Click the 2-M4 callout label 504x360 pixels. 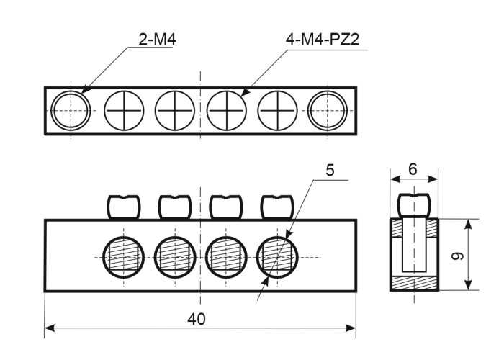click(x=156, y=40)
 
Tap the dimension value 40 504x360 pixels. click(x=199, y=318)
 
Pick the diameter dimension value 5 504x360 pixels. click(x=330, y=170)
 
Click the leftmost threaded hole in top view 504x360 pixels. click(x=71, y=111)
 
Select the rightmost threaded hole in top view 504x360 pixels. click(x=328, y=111)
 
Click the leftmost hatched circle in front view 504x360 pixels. click(x=123, y=256)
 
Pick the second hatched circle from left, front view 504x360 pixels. click(x=174, y=256)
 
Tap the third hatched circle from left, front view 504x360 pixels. click(x=226, y=256)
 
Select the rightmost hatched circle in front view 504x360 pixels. click(x=278, y=256)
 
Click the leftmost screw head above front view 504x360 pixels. click(x=123, y=207)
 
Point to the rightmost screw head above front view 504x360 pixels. click(x=277, y=207)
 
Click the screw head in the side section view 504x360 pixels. click(x=413, y=205)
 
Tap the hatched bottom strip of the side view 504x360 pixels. click(x=413, y=282)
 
